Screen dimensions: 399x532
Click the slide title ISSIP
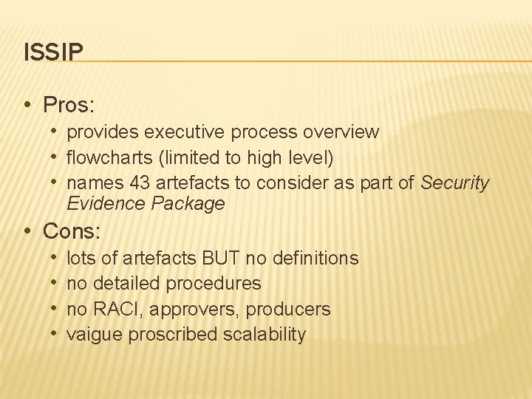(x=53, y=52)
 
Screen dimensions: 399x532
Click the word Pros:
(x=69, y=105)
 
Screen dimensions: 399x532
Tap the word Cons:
(x=72, y=231)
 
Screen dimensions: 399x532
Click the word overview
(x=342, y=132)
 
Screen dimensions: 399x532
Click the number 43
(x=139, y=183)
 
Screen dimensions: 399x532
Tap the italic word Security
(x=454, y=183)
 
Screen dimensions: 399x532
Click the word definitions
(x=316, y=258)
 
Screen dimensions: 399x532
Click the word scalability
(x=266, y=334)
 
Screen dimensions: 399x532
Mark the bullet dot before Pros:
(x=27, y=105)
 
